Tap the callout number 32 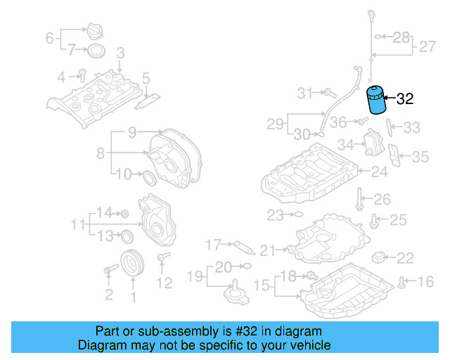tap(405, 99)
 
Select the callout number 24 tap(379, 172)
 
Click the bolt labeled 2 tap(110, 269)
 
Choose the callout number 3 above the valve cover tap(120, 53)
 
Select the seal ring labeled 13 tap(127, 235)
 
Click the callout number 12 tap(164, 283)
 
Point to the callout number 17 tap(213, 245)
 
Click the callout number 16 tap(426, 282)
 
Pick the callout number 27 tap(427, 47)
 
